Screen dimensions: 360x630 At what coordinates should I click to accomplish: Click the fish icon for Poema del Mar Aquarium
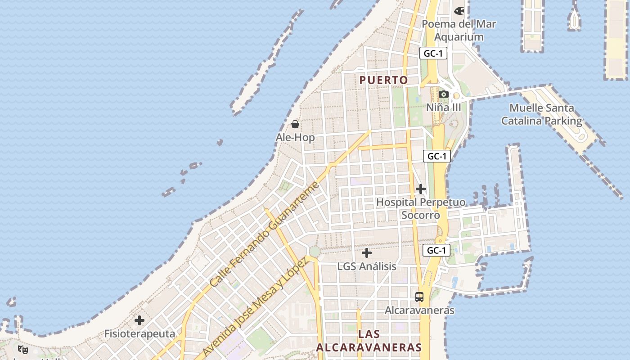459,11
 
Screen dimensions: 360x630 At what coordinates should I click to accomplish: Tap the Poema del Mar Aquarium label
459,31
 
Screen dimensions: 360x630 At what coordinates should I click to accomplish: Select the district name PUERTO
384,80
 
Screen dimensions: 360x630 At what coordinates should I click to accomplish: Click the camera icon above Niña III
444,94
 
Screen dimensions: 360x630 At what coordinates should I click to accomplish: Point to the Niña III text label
444,108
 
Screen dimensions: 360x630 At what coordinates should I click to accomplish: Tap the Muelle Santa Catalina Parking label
542,114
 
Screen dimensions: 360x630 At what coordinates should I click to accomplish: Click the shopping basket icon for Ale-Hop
295,124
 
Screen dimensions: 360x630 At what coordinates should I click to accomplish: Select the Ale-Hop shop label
295,138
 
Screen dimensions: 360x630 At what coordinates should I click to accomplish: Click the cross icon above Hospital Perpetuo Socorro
421,189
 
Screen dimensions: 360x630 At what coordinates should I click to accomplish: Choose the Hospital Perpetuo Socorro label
421,209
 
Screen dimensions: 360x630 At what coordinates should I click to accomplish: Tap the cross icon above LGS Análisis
367,253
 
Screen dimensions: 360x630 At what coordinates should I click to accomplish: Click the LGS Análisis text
367,266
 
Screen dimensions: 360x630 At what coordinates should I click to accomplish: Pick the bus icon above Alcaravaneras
419,297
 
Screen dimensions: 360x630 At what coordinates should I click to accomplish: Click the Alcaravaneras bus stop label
419,310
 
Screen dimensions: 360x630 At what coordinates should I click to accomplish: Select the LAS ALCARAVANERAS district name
369,341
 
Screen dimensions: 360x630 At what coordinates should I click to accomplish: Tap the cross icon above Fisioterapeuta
139,320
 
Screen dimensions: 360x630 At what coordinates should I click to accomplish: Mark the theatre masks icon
23,349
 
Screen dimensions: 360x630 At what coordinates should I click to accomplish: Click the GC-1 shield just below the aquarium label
433,54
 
